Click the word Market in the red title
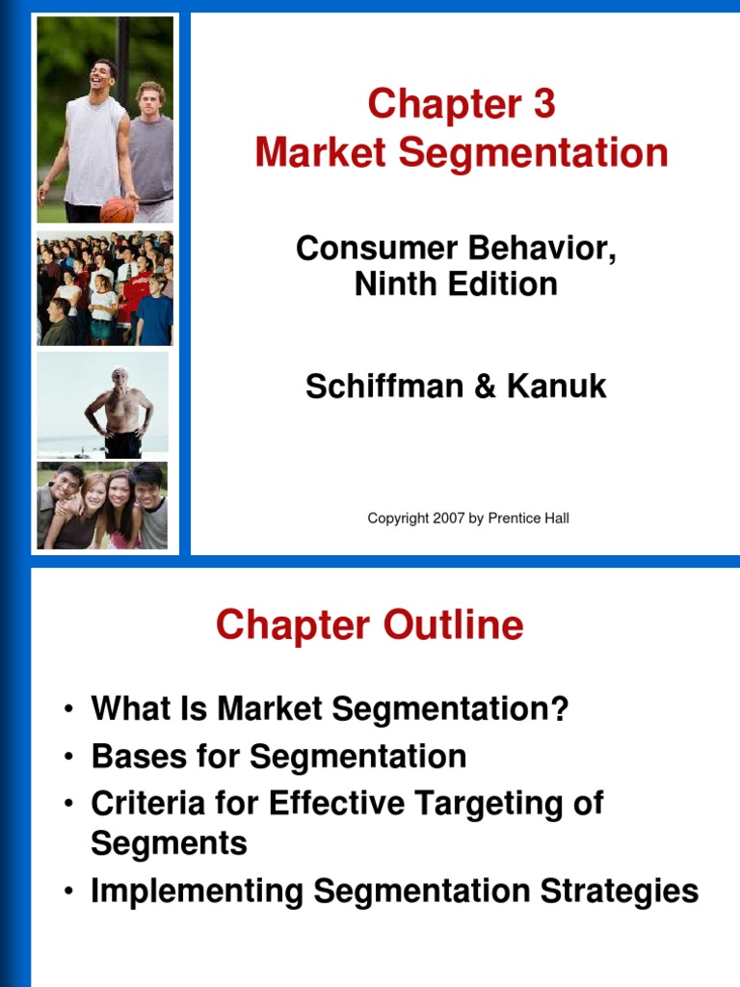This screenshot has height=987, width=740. click(x=317, y=154)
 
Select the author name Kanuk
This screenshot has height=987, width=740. click(x=558, y=387)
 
